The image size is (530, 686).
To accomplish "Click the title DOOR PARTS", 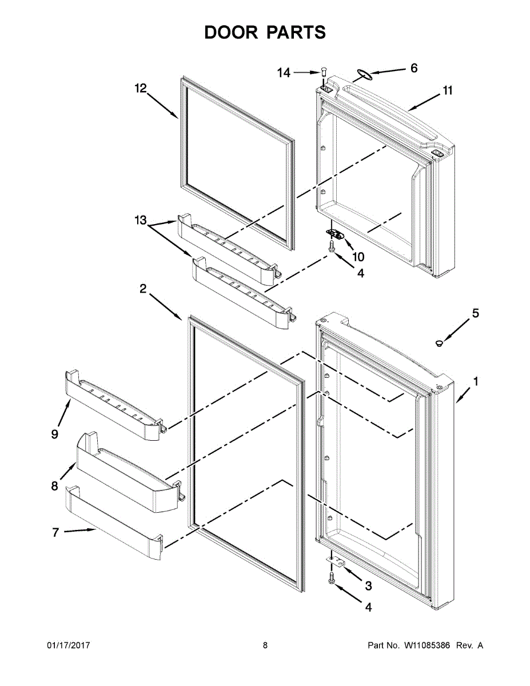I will point(265,32).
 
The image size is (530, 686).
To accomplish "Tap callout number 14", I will point(284,73).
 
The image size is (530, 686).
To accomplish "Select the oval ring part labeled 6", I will point(361,73).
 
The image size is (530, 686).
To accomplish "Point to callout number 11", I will point(447,90).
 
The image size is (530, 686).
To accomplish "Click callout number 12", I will point(141,88).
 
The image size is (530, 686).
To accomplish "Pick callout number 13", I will point(141,220).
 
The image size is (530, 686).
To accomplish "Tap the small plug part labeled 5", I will point(439,343).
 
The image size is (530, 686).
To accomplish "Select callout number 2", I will point(143,290).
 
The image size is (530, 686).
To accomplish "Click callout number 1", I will point(476,381).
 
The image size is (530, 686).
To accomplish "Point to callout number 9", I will point(55,434).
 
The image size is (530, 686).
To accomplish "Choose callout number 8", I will point(55,486).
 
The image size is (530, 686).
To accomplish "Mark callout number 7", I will point(55,532).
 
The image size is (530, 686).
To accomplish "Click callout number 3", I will point(368,585).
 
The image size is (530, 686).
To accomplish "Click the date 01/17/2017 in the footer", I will point(68,645).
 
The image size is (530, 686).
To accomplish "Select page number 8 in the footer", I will point(265,645).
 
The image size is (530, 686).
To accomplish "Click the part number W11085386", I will point(428,645).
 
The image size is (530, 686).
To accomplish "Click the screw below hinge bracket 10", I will point(332,246).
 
